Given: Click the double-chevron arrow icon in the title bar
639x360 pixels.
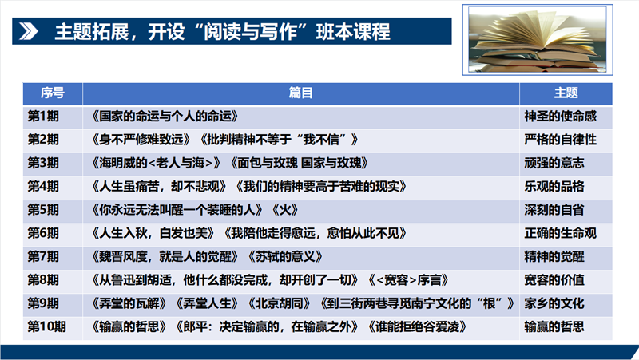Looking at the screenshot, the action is point(29,31).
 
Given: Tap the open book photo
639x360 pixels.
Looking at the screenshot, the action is point(537,39).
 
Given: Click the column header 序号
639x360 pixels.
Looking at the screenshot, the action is point(52,93).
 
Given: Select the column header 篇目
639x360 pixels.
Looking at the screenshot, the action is point(300,93).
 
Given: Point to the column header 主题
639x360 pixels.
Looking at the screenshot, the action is point(566,93).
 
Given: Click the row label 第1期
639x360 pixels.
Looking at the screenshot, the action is point(43,117).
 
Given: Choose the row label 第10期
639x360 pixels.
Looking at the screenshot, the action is point(46,326).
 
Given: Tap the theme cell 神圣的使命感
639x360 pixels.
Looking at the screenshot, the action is point(560,117).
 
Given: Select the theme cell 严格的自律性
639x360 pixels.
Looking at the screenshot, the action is point(560,140).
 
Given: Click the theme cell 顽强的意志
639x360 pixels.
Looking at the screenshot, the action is point(554,164).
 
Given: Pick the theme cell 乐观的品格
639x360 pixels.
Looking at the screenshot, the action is point(554,187).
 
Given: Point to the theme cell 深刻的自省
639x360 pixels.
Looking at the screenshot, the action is point(554,210).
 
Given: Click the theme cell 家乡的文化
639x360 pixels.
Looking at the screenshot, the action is point(554,303).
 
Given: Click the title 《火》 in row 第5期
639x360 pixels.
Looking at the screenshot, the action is point(285,210).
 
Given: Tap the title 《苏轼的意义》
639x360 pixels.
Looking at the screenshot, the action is point(285,256).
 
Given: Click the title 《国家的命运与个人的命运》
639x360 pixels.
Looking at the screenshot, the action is point(164,117).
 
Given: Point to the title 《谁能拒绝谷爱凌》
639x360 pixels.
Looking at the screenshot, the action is point(416,326).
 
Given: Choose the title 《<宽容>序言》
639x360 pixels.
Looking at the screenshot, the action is point(407,280).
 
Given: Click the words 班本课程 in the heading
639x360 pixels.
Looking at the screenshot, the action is point(353,32).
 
